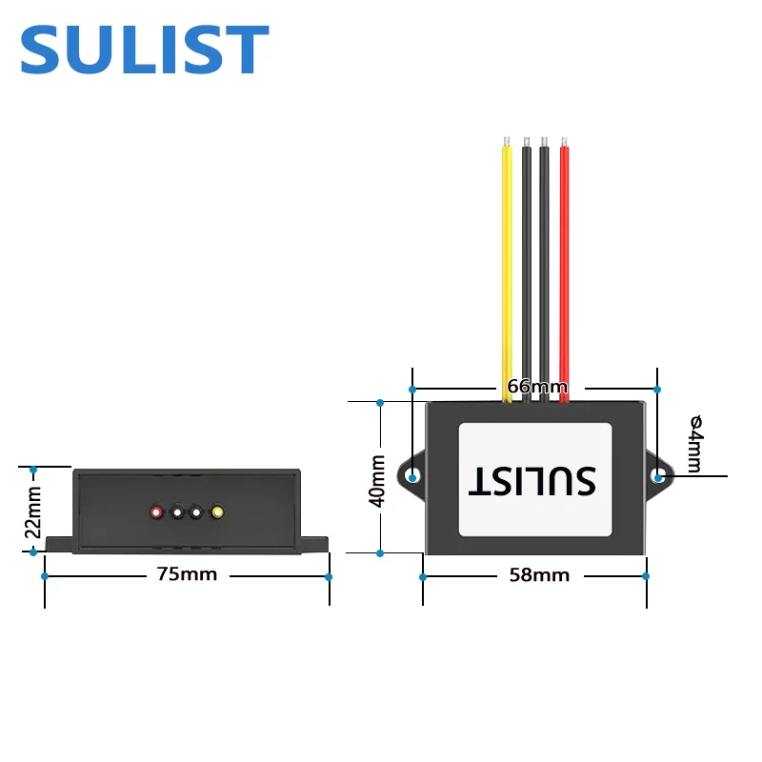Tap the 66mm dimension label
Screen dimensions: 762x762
[x=537, y=387]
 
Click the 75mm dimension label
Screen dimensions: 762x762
[x=187, y=574]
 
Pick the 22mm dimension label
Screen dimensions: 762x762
[x=33, y=511]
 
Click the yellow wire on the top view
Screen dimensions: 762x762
[x=506, y=267]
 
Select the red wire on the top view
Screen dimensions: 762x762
[x=564, y=267]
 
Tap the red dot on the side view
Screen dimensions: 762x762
[x=156, y=512]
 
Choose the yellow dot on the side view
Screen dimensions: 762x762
[x=217, y=512]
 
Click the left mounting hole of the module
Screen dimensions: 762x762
[x=412, y=476]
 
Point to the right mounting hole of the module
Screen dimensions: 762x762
[x=658, y=476]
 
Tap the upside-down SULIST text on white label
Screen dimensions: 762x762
[x=532, y=480]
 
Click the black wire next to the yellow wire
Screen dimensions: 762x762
[x=526, y=267]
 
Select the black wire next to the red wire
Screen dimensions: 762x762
[x=545, y=267]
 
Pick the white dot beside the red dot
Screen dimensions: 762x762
[x=177, y=512]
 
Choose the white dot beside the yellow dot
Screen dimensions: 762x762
[x=196, y=512]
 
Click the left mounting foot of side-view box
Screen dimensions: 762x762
[x=57, y=544]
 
